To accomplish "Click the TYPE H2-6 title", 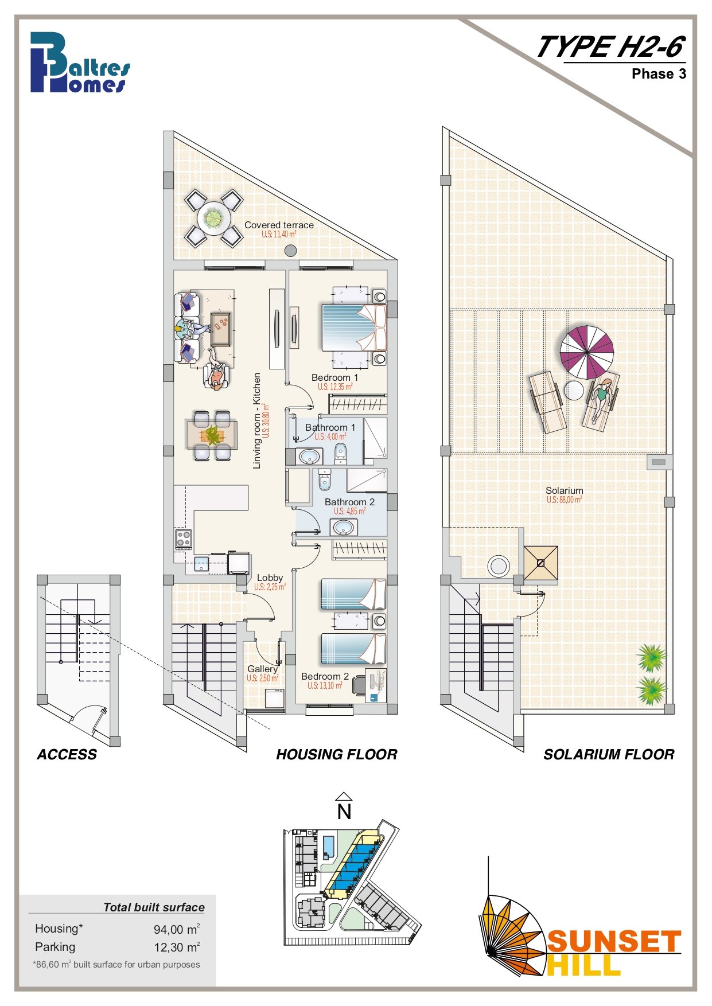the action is coord(611,46).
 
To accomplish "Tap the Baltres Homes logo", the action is coord(80,63).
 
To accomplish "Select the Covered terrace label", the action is coord(279,225).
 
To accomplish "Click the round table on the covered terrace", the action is coord(213,219).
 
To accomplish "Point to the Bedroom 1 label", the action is coord(334,377).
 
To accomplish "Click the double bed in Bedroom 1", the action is coord(353,327).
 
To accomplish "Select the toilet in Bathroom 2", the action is coord(325,479).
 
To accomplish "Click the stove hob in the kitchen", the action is coord(184,539).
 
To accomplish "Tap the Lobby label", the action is coord(270,578).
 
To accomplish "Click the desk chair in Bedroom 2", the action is coord(359,684).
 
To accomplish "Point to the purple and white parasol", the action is coord(587,352).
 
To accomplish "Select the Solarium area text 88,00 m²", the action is coord(564,500).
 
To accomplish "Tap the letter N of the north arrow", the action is coord(344,812).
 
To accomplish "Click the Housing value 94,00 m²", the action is coord(177,929).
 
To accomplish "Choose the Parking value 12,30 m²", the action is coord(177,947).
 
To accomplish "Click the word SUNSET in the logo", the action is coord(614,942).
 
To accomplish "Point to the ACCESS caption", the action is coord(67,754).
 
